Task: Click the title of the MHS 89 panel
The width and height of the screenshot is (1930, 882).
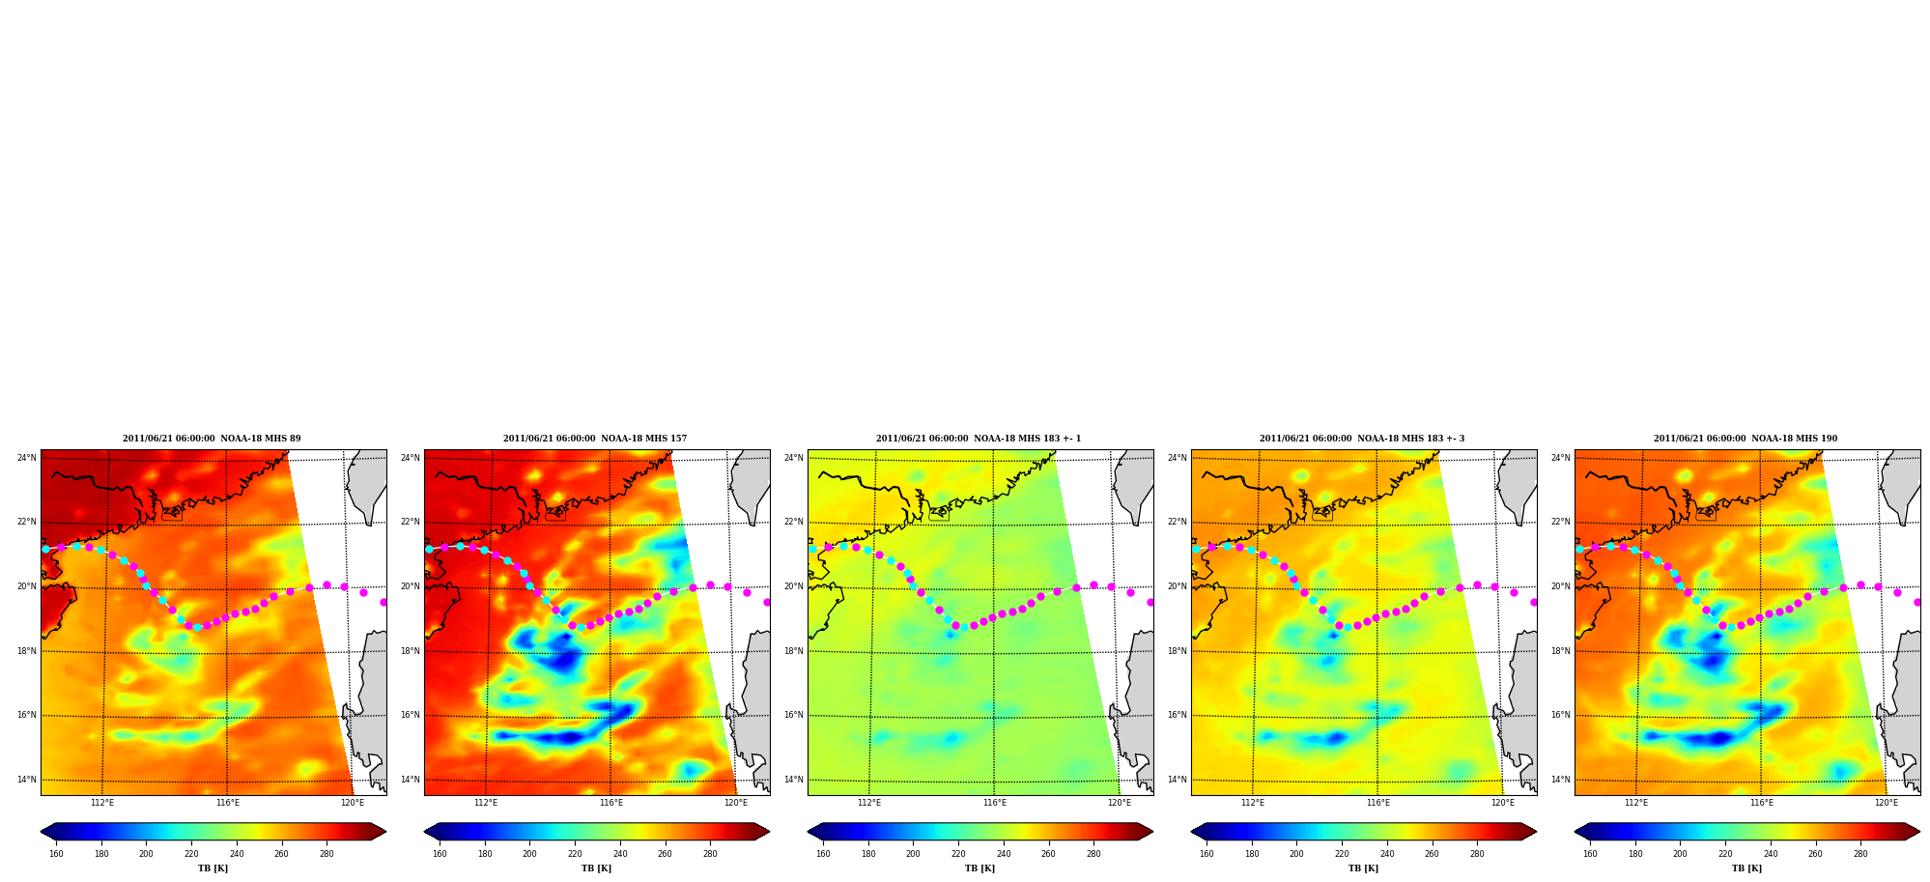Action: [x=212, y=439]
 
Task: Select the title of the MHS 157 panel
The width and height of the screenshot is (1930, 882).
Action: [x=595, y=439]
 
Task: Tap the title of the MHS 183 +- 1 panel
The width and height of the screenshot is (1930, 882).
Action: [x=979, y=439]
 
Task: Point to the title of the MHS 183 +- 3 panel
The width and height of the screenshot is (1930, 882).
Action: [x=1362, y=439]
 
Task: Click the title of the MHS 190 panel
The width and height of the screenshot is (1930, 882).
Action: [x=1746, y=439]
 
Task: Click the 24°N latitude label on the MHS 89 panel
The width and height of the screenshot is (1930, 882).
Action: [x=27, y=458]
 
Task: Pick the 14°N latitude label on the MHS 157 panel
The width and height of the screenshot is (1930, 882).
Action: [x=411, y=780]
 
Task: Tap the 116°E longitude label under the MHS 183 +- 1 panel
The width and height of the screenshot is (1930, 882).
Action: [x=995, y=803]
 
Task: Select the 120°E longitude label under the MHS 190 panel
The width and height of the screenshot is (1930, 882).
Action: [x=1887, y=803]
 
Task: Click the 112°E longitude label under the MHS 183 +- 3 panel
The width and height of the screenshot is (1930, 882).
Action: [x=1253, y=803]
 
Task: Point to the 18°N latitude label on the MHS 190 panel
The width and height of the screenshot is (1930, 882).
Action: [x=1561, y=651]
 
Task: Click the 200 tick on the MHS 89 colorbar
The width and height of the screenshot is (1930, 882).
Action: [x=146, y=854]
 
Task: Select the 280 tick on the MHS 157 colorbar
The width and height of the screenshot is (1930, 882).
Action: [x=710, y=854]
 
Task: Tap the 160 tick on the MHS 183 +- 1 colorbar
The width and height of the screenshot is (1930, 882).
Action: [x=823, y=854]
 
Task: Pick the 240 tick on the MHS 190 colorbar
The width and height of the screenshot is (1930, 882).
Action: [x=1771, y=854]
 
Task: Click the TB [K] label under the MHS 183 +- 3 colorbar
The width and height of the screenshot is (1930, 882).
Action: [x=1363, y=868]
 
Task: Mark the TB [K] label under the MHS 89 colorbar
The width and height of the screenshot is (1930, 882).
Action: [x=213, y=868]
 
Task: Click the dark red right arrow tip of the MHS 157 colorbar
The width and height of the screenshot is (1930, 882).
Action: [x=768, y=831]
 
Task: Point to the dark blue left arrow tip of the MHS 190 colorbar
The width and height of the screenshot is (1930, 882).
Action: [x=1576, y=831]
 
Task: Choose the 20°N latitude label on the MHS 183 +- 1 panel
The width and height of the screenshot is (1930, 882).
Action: [x=794, y=586]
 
